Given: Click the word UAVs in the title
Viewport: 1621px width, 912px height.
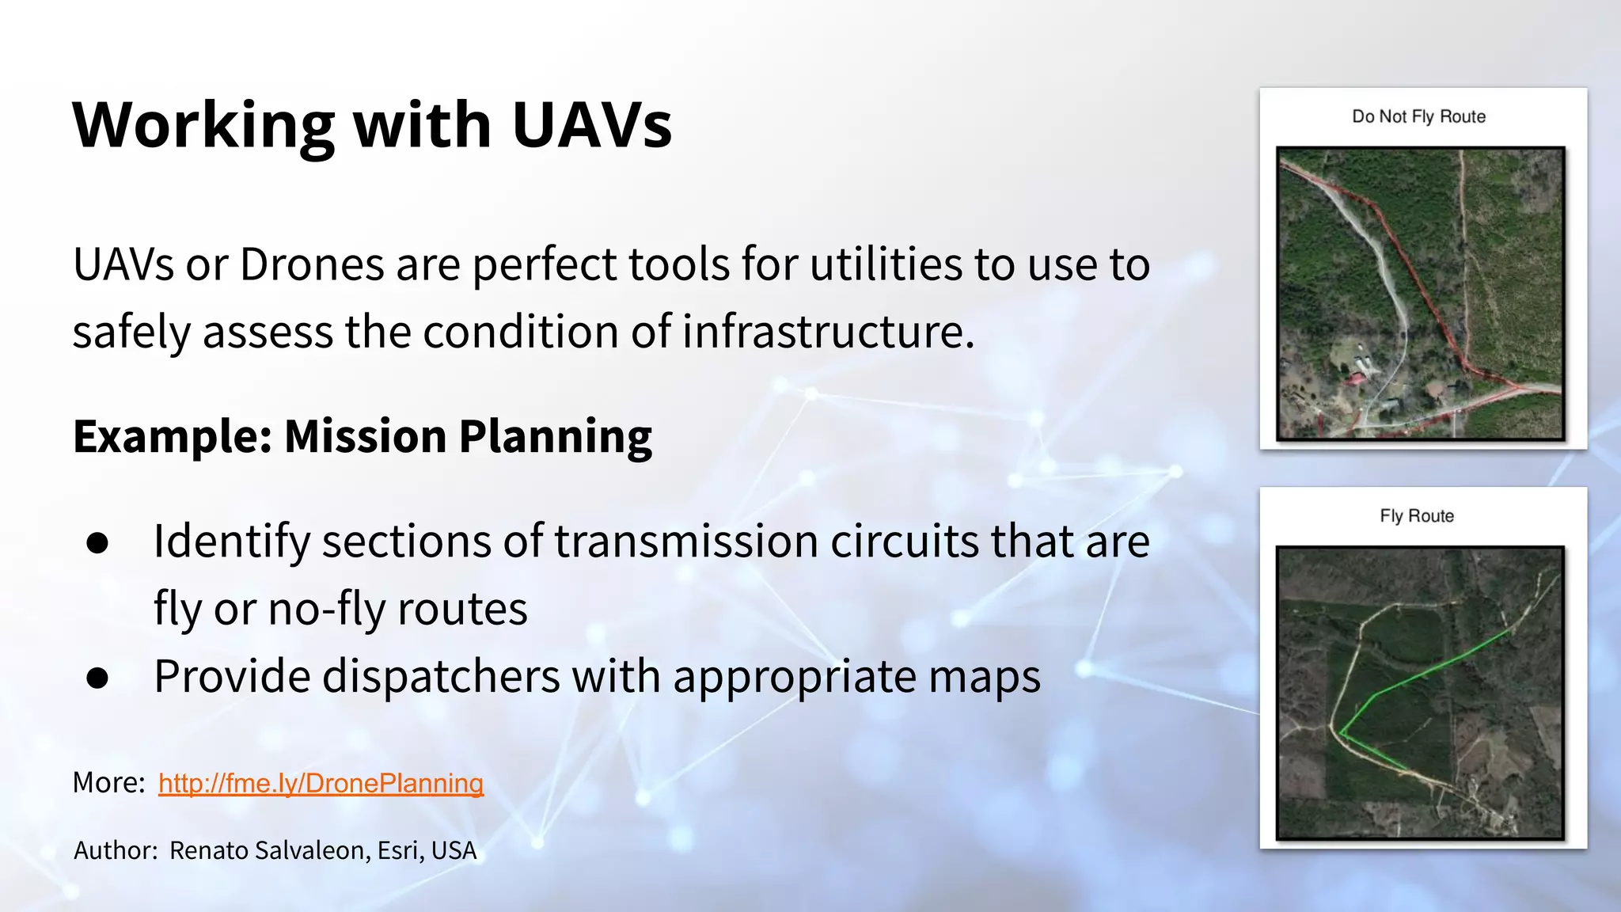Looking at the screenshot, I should click(x=592, y=125).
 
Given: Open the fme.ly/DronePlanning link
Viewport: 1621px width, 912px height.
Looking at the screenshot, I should click(x=321, y=783).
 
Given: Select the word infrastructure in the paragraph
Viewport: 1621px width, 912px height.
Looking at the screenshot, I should click(x=828, y=332).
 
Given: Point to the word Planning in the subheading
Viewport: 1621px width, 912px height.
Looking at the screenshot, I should click(x=556, y=437).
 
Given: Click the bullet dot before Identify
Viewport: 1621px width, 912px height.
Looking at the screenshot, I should click(x=98, y=543).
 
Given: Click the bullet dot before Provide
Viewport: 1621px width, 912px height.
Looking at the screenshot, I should click(x=98, y=678).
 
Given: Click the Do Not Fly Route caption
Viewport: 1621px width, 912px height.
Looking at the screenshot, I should click(x=1418, y=117).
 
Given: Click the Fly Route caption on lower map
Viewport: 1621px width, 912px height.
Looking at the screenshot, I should click(x=1417, y=516).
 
